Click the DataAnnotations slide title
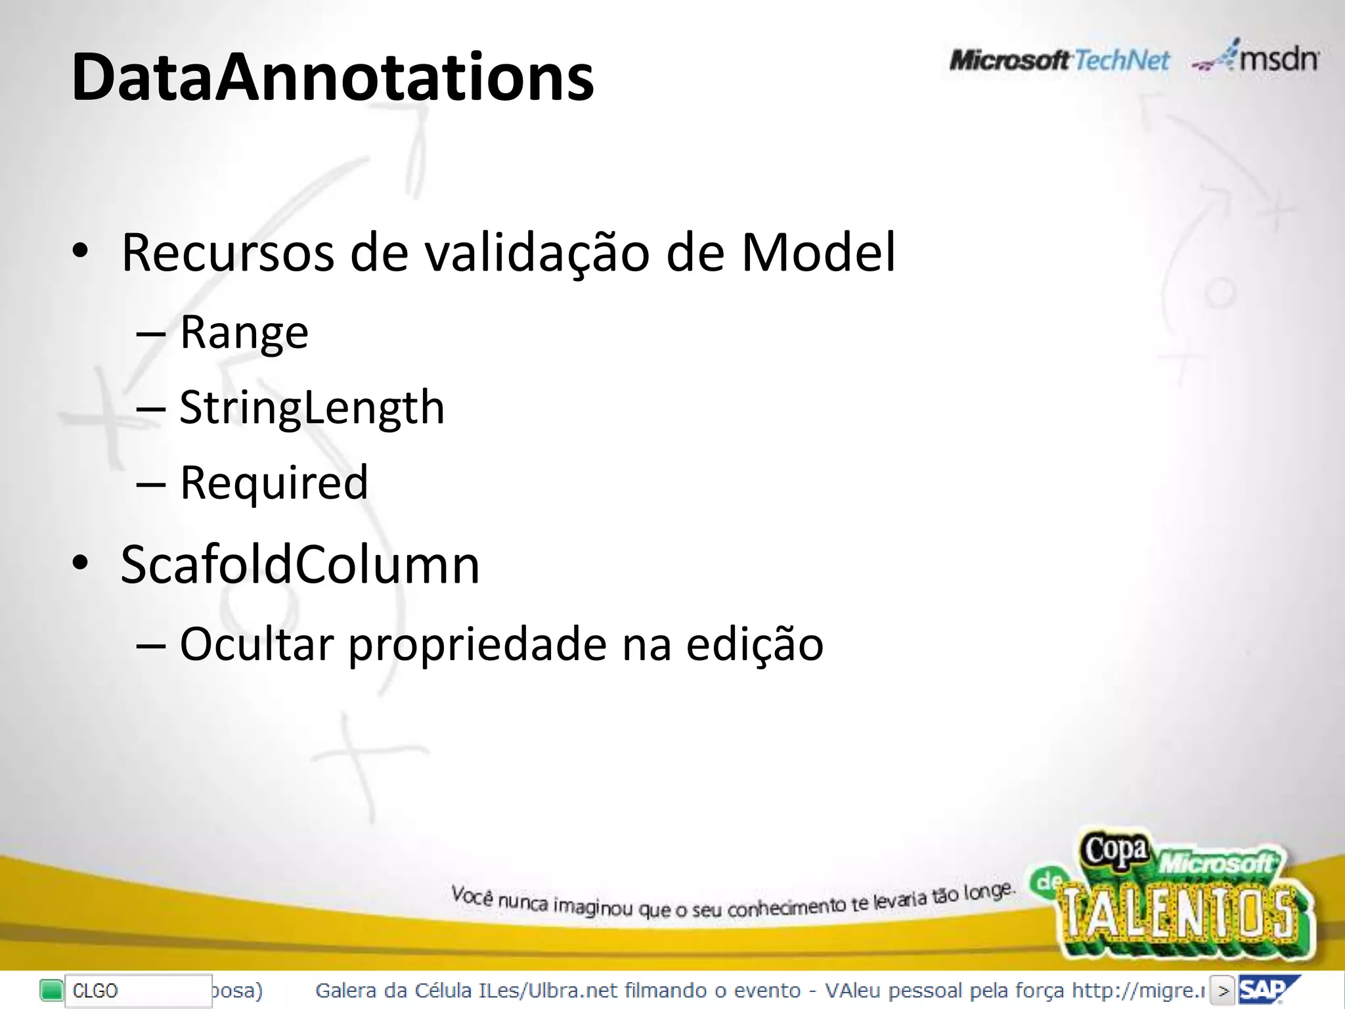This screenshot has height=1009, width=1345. point(332,78)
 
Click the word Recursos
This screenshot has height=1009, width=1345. point(227,253)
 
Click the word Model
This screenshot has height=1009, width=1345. point(818,253)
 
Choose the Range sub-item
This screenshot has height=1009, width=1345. point(244,333)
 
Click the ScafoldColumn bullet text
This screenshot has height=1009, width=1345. point(300,565)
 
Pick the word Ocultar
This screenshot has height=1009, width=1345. point(257,644)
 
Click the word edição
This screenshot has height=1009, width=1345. point(755,646)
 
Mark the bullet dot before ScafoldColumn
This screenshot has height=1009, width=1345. point(80,564)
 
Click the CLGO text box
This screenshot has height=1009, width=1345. point(138,991)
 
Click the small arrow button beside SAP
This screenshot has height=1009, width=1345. point(1222,991)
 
